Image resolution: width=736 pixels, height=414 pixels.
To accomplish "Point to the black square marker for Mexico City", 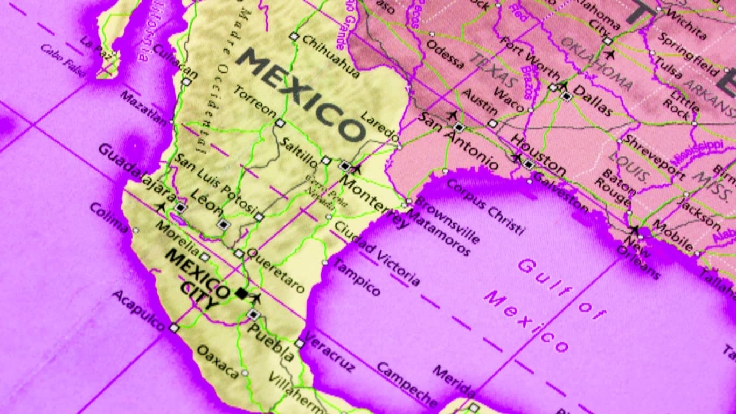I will pyautogui.click(x=241, y=293).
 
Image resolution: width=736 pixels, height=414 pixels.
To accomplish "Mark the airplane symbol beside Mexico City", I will pyautogui.click(x=256, y=298).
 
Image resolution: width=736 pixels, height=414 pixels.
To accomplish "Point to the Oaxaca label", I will pyautogui.click(x=217, y=361).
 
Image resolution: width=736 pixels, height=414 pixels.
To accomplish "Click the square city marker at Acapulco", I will pyautogui.click(x=174, y=327).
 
